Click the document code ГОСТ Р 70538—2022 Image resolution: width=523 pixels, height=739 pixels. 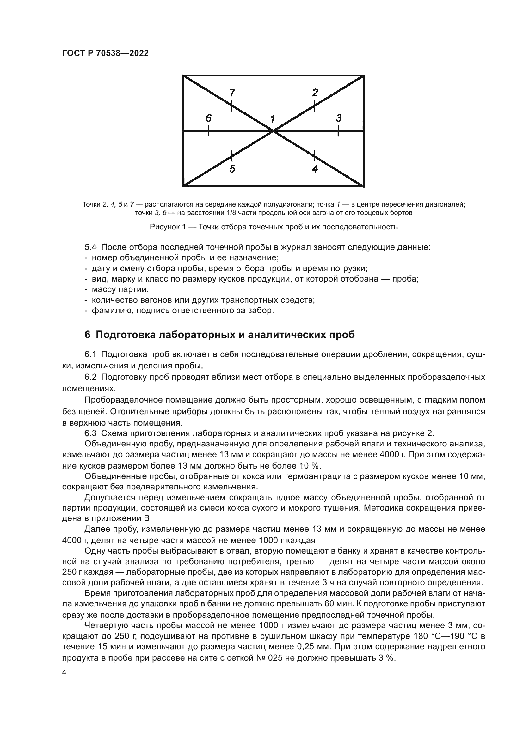coord(105,53)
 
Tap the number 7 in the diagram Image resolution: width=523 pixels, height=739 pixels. coord(232,93)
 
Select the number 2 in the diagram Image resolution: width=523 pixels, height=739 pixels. coord(315,93)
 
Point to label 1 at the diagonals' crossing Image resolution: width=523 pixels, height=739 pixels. coord(273,119)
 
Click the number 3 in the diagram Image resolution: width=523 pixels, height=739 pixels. coord(338,118)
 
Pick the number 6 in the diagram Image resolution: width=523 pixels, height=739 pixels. coord(209,118)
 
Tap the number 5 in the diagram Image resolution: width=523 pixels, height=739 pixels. coord(232,169)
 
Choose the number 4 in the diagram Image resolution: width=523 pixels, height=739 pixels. coord(315,169)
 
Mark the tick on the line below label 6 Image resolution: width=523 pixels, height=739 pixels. coord(209,131)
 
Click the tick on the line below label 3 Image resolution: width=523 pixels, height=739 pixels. coord(338,131)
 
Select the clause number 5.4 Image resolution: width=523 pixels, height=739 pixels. coord(90,247)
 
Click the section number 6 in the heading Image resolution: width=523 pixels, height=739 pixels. coord(87,335)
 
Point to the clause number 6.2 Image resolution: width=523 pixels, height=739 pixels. coord(90,377)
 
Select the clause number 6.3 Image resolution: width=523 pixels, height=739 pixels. coord(90,433)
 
